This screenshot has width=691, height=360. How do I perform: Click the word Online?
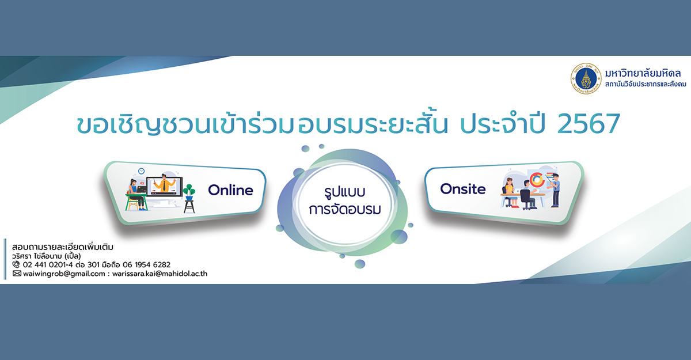click(230, 190)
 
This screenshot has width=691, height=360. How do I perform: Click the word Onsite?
click(463, 189)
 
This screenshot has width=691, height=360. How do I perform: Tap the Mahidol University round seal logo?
click(586, 79)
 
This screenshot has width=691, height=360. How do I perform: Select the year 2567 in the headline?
click(589, 124)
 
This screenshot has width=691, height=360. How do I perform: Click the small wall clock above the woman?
click(141, 171)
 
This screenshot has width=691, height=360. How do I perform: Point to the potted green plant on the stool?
click(189, 192)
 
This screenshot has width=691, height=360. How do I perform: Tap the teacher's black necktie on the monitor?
click(165, 185)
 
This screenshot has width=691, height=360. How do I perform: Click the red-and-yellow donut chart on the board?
click(537, 180)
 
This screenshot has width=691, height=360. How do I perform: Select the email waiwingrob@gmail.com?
click(64, 274)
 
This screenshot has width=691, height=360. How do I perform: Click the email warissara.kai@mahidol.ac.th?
click(160, 274)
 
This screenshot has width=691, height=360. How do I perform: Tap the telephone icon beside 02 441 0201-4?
click(16, 264)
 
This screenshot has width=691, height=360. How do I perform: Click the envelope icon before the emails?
click(17, 274)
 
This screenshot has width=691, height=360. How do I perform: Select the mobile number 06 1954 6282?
click(146, 265)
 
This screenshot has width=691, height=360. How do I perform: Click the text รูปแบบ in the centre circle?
click(344, 192)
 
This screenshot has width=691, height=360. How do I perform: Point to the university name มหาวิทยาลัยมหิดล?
click(643, 73)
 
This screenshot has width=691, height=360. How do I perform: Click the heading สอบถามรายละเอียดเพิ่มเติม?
click(63, 247)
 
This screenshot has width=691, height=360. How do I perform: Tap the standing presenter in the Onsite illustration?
click(555, 190)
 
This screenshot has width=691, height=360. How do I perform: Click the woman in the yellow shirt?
click(509, 192)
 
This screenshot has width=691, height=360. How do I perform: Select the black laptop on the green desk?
click(142, 190)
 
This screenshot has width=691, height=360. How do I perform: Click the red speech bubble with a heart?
click(142, 183)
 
